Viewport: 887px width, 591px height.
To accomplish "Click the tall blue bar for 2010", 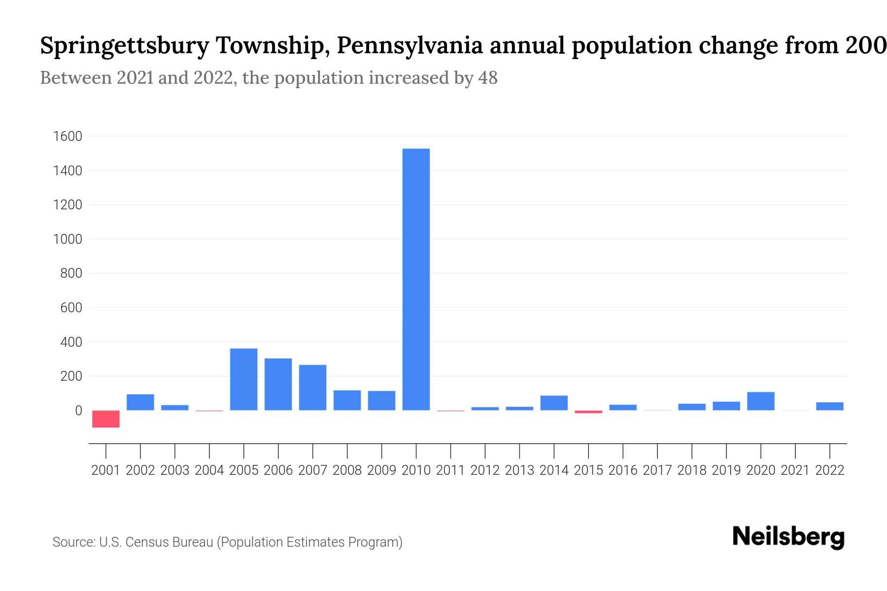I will point(416,279).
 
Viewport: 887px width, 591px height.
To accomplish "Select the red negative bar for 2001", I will point(106,419).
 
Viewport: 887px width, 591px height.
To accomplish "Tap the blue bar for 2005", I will point(244,379).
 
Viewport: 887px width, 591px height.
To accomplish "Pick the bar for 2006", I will point(278,384).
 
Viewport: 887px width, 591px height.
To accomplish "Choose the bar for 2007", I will point(312,388).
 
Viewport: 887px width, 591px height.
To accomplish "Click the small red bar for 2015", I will point(588,412).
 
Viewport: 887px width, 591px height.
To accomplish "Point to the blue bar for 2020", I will point(760,401).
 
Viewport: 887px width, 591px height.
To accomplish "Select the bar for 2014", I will point(554,403).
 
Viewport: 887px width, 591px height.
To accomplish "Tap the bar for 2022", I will point(829,406).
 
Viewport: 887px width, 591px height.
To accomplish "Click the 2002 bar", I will point(140,402).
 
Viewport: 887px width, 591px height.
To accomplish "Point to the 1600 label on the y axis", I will point(67,136).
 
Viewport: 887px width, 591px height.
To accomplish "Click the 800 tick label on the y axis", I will point(71,273).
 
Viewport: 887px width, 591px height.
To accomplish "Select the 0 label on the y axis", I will point(78,410).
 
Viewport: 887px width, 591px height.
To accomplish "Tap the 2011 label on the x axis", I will point(450,470).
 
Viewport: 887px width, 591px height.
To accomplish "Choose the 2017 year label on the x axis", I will point(657,470).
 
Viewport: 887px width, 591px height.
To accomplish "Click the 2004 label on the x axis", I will point(209,470).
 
